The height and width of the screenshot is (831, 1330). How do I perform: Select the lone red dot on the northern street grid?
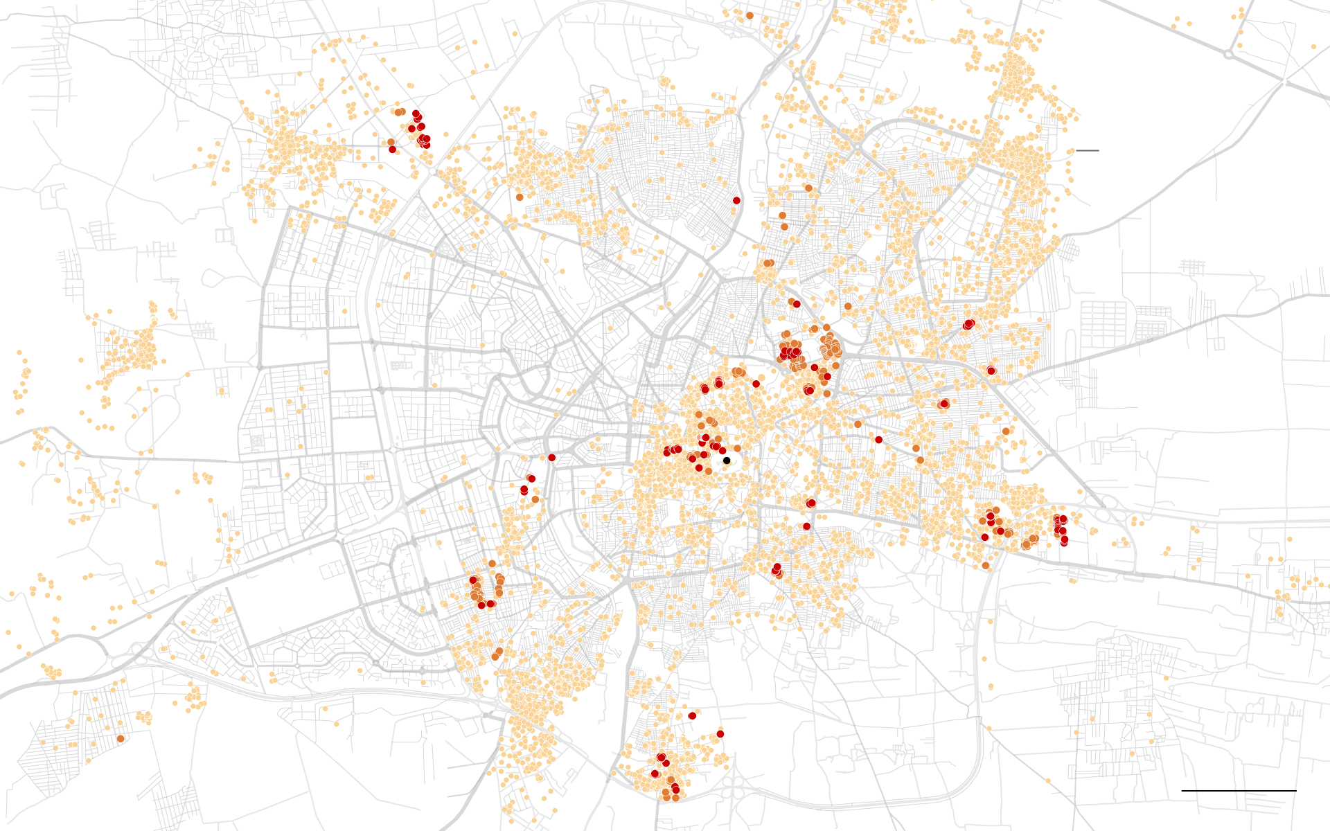pos(736,200)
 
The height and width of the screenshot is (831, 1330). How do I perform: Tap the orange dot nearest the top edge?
pos(750,15)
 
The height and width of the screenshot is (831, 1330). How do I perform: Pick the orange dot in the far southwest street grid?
pos(121,738)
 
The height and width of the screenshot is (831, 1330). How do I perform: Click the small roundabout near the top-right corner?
pos(1227,53)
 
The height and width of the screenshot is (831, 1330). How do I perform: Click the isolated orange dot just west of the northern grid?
pos(519,197)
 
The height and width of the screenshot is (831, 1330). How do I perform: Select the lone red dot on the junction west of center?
pos(551,458)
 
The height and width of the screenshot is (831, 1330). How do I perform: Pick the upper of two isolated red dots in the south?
pos(692,715)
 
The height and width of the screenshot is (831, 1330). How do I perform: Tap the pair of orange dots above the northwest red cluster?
pos(398,111)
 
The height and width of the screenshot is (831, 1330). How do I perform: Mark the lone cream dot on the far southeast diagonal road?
pos(1049,780)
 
